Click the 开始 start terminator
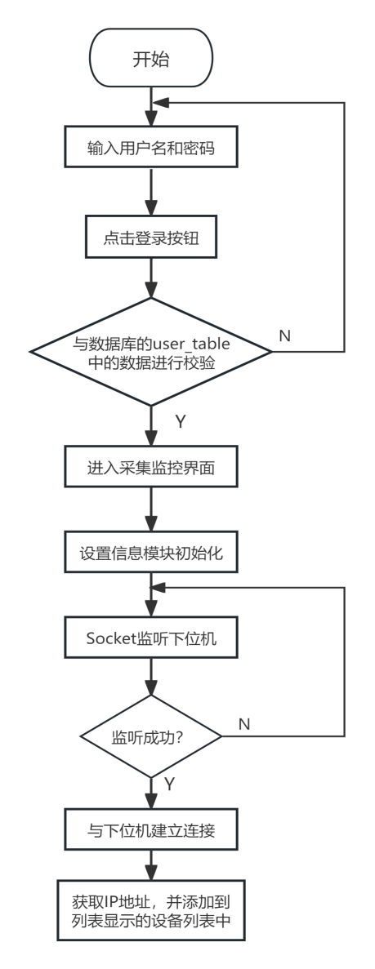[x=151, y=59]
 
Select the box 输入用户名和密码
[x=151, y=146]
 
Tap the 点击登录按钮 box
[x=151, y=236]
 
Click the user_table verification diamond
[x=151, y=352]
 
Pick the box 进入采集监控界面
[x=151, y=467]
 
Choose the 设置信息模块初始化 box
[x=151, y=552]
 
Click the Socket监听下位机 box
[x=151, y=637]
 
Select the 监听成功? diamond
[x=151, y=736]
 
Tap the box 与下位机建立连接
[x=151, y=830]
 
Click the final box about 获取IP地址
[x=151, y=909]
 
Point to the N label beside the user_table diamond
[x=284, y=336]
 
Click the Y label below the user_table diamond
[x=180, y=422]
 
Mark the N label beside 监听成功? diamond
[x=244, y=724]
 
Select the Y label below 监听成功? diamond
[x=170, y=785]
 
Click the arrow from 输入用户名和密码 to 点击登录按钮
[x=151, y=191]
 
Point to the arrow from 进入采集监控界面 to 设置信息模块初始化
[x=151, y=509]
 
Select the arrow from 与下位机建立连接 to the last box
[x=151, y=865]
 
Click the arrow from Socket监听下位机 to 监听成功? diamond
[x=151, y=676]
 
